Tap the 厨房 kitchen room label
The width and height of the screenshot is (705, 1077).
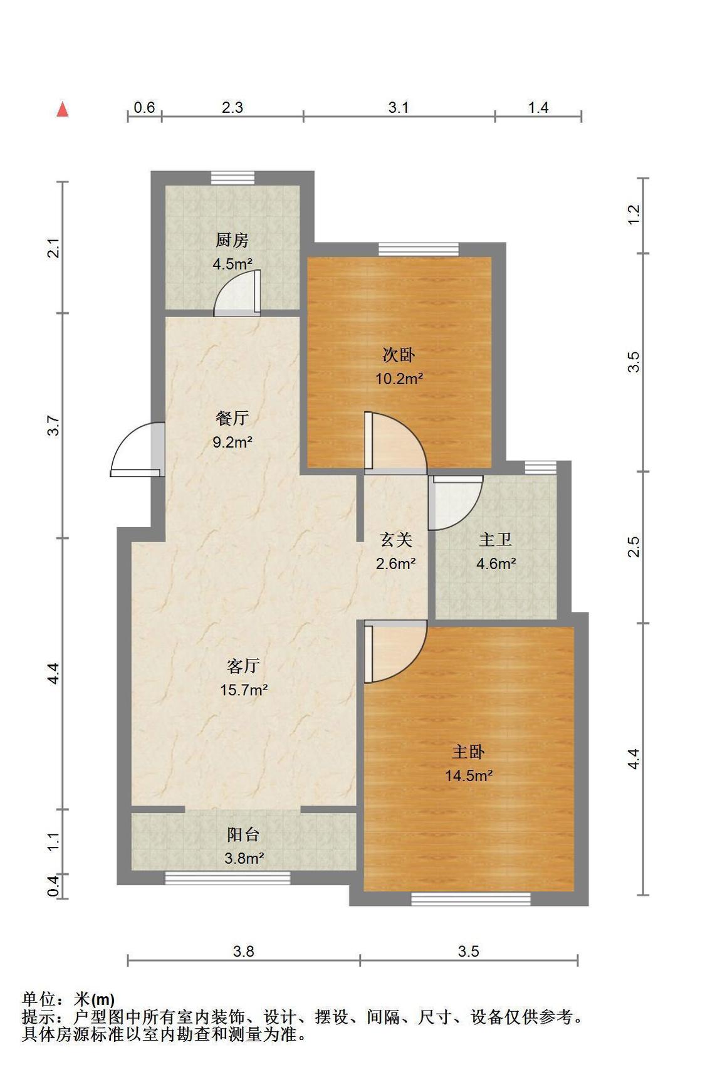[232, 240]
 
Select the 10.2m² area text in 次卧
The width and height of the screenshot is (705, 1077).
[399, 379]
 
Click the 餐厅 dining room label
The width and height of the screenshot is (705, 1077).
[232, 418]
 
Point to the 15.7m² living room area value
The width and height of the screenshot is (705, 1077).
[244, 690]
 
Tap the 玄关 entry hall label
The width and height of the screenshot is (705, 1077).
[396, 540]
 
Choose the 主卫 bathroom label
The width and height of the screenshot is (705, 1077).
[496, 540]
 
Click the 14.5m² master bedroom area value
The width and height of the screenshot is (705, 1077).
[469, 776]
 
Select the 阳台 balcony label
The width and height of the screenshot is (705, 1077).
[243, 835]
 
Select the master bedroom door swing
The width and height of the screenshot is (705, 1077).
[395, 651]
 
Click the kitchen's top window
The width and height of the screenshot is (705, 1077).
[232, 178]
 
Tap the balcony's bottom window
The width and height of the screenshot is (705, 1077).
[227, 878]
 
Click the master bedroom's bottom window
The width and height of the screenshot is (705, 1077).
[471, 899]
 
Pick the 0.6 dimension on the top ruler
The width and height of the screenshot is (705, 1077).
[144, 107]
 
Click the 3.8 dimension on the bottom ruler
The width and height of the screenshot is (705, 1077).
[244, 952]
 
